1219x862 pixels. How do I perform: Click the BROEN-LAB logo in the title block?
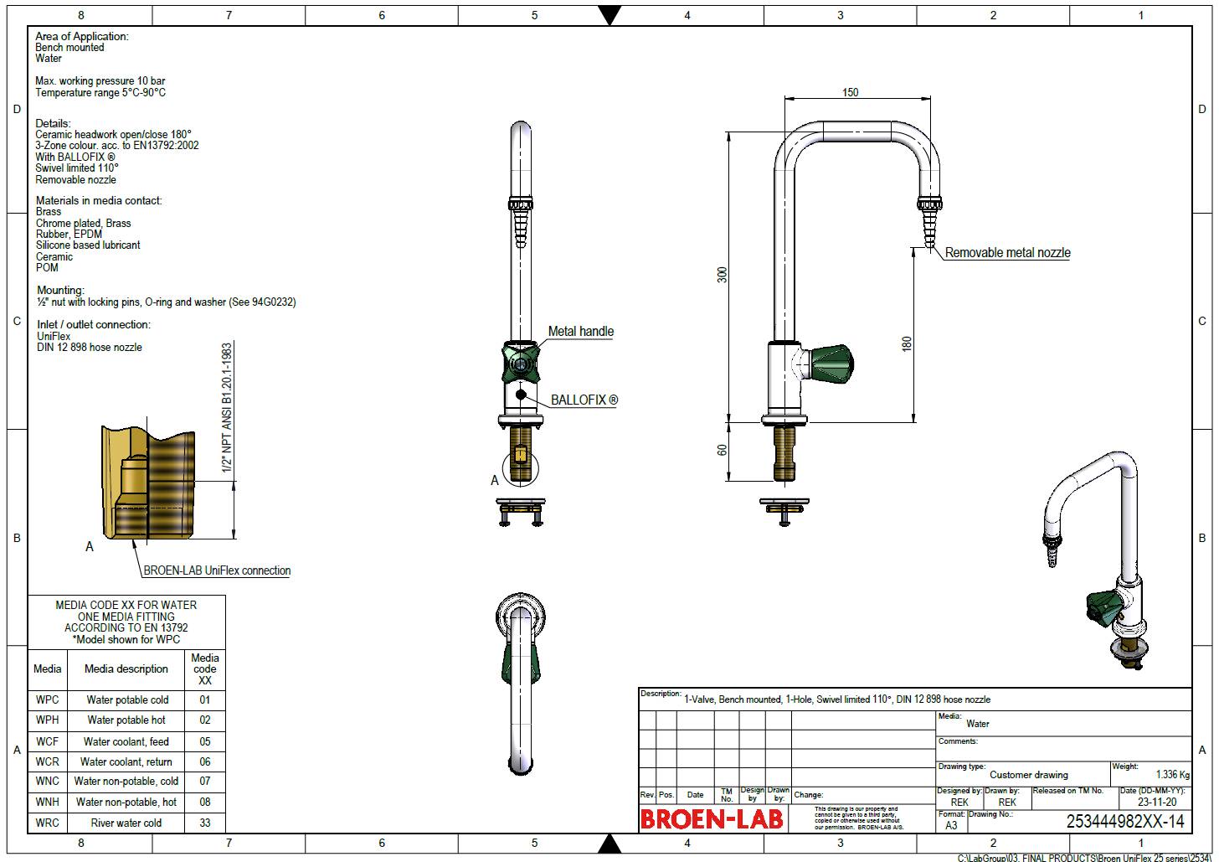click(x=711, y=818)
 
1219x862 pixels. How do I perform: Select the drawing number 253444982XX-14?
click(x=1125, y=822)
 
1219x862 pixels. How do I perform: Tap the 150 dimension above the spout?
click(x=850, y=92)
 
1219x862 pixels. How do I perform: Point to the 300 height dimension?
click(x=722, y=275)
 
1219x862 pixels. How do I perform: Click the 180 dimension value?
click(x=907, y=343)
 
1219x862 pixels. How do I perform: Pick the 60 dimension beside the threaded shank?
click(x=722, y=450)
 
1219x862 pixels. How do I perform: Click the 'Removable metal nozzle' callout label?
click(x=1007, y=252)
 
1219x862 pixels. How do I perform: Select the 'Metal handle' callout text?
click(x=580, y=332)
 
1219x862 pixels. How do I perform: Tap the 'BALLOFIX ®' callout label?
click(x=584, y=400)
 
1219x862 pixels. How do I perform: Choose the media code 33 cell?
click(x=205, y=823)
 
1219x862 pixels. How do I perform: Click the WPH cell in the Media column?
click(x=48, y=720)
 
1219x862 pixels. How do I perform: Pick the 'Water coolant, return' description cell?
click(x=126, y=761)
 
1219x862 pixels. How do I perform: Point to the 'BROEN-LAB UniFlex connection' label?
click(x=217, y=570)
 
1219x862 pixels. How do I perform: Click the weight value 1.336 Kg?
click(x=1172, y=775)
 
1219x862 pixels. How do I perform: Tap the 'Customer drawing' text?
click(x=1028, y=775)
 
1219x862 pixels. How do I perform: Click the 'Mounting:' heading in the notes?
click(x=60, y=291)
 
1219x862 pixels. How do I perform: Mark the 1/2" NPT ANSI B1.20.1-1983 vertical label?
click(x=227, y=407)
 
